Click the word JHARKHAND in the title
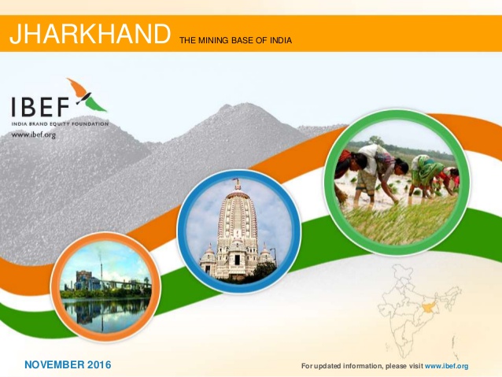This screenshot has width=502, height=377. [90, 34]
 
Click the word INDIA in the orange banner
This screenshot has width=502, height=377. [281, 40]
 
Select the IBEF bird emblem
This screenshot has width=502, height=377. [87, 95]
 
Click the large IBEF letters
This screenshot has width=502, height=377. [40, 107]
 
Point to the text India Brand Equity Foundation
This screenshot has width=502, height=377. [60, 124]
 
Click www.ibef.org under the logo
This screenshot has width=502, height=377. [34, 135]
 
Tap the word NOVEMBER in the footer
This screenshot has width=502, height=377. [55, 364]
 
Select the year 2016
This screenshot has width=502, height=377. [99, 364]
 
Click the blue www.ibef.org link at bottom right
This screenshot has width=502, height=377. [447, 366]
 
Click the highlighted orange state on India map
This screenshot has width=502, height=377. [428, 306]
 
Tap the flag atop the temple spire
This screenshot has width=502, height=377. [236, 180]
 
